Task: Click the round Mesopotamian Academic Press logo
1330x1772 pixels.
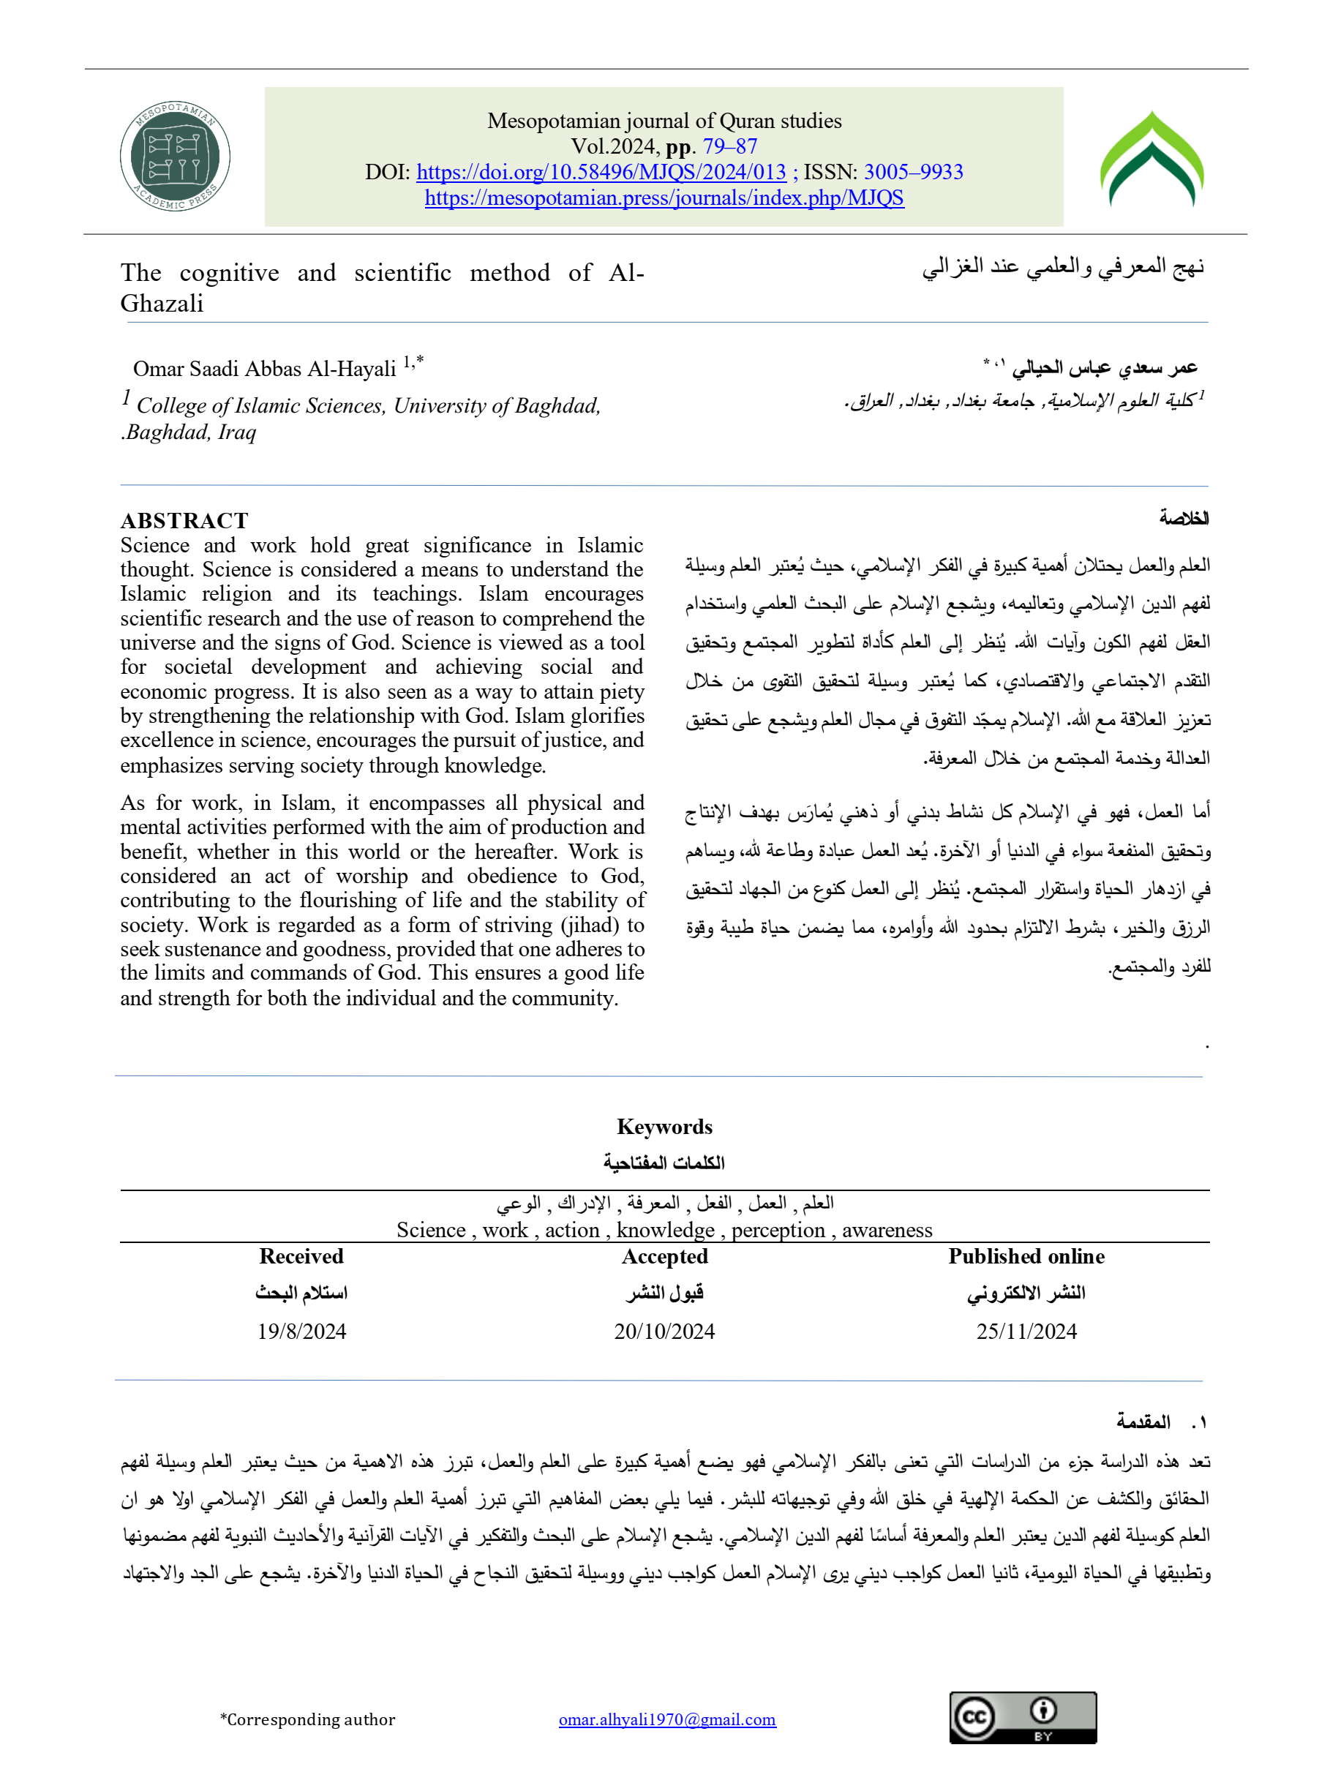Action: [175, 157]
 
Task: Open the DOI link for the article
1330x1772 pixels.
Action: [601, 172]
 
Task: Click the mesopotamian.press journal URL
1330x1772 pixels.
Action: [664, 198]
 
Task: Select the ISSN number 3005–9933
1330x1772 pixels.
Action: [914, 172]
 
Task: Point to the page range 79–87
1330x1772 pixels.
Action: [730, 146]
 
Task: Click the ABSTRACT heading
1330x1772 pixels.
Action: [184, 521]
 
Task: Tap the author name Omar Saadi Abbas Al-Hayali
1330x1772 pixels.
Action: [264, 369]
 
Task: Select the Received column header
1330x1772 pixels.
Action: [301, 1256]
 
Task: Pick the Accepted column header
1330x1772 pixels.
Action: [664, 1256]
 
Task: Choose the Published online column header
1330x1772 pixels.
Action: [1026, 1256]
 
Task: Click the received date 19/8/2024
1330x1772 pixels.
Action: [301, 1332]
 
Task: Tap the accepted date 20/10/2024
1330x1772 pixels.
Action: [664, 1332]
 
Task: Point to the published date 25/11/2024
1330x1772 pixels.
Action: [1026, 1332]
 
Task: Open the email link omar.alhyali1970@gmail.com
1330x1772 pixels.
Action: [667, 1719]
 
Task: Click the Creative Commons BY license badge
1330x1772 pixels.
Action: [1022, 1718]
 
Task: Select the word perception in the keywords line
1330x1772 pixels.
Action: [778, 1231]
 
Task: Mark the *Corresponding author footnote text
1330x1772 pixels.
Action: [308, 1719]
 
